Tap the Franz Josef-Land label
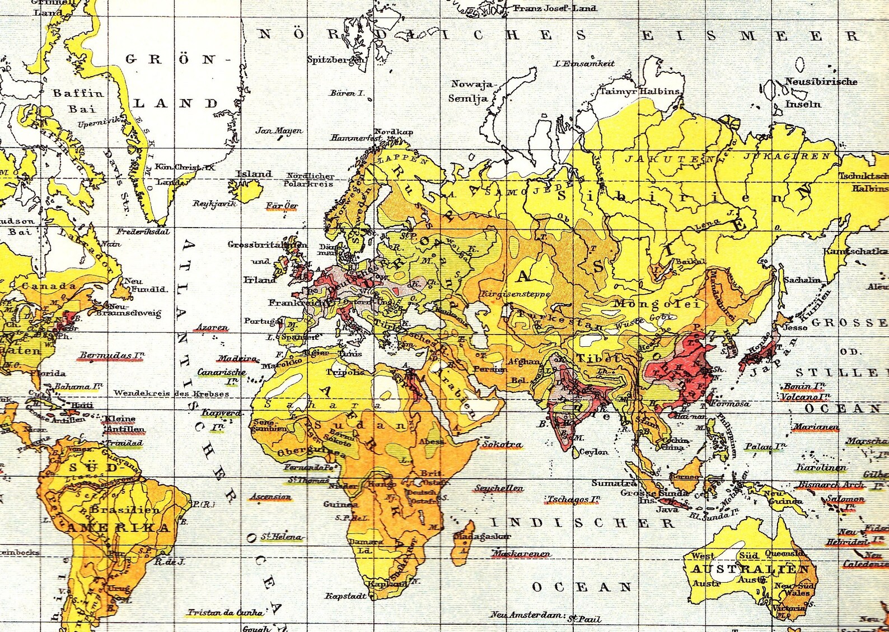tap(555, 8)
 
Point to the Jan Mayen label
tap(279, 130)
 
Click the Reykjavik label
tap(214, 203)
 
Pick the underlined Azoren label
tap(212, 327)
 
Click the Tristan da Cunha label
tap(225, 612)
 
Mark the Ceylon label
tap(593, 451)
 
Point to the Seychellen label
tap(499, 488)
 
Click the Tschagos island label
tap(574, 499)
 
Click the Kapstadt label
tap(345, 596)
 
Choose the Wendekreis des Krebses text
tap(171, 393)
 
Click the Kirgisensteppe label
tap(515, 294)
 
